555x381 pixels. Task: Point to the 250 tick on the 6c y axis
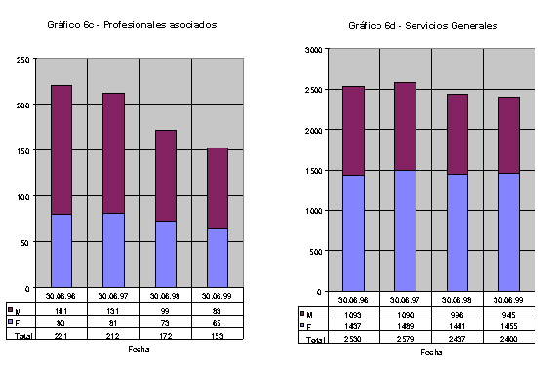[21, 59]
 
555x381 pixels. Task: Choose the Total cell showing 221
[61, 334]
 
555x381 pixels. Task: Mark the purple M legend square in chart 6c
[10, 309]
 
